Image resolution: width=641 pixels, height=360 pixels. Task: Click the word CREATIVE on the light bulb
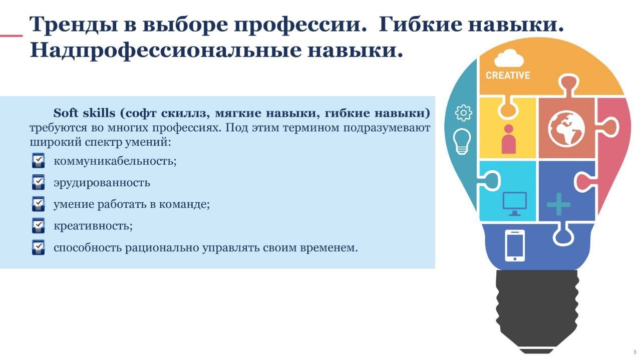pyautogui.click(x=508, y=75)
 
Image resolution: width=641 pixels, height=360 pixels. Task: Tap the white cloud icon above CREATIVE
pyautogui.click(x=509, y=58)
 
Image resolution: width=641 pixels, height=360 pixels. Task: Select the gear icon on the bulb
pyautogui.click(x=463, y=113)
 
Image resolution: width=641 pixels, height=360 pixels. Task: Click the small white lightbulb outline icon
pyautogui.click(x=462, y=141)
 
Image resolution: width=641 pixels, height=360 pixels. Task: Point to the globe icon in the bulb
pyautogui.click(x=566, y=128)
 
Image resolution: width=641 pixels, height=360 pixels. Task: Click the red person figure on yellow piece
pyautogui.click(x=508, y=139)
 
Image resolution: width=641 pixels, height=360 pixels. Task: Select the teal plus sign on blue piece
pyautogui.click(x=558, y=204)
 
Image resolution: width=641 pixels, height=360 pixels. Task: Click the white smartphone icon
pyautogui.click(x=515, y=245)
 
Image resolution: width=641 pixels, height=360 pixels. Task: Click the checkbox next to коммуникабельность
pyautogui.click(x=38, y=161)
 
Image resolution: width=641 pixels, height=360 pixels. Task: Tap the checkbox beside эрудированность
pyautogui.click(x=38, y=182)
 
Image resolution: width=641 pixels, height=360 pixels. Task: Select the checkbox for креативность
pyautogui.click(x=38, y=225)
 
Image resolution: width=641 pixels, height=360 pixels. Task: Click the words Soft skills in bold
pyautogui.click(x=84, y=113)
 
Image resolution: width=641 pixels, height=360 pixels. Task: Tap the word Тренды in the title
pyautogui.click(x=74, y=25)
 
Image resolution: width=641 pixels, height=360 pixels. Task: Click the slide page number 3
pyautogui.click(x=634, y=352)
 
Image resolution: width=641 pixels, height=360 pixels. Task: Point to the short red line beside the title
pyautogui.click(x=11, y=36)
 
